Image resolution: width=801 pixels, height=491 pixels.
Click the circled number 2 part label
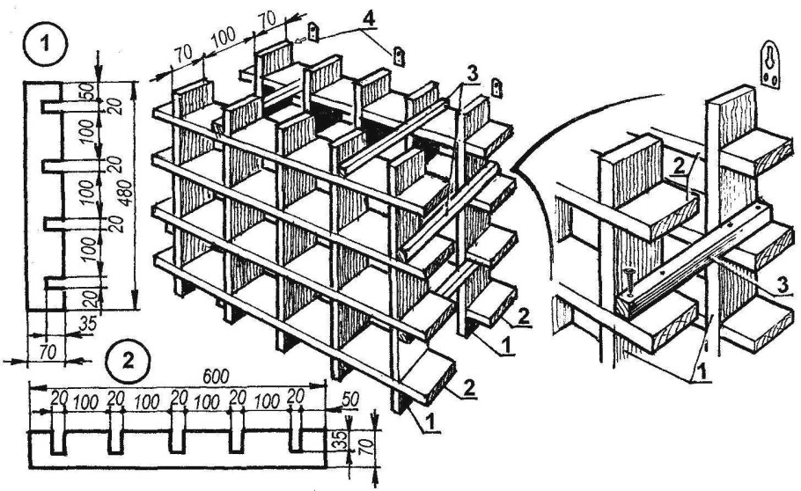[x=128, y=362]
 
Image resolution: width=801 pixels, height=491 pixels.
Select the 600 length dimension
[x=216, y=376]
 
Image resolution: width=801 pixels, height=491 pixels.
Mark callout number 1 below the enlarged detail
[x=703, y=372]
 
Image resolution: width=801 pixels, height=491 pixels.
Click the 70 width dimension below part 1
[x=46, y=352]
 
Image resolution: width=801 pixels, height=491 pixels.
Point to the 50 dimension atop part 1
[x=88, y=90]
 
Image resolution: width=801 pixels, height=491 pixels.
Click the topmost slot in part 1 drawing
[x=52, y=106]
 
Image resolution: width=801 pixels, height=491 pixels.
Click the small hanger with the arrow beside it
[x=315, y=31]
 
